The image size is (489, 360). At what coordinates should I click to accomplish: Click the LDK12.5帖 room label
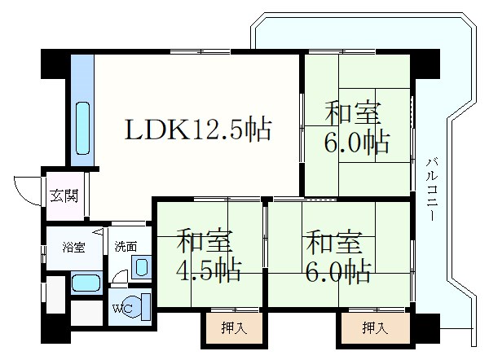[x=198, y=129]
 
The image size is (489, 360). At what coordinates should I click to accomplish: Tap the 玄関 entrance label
[x=64, y=196]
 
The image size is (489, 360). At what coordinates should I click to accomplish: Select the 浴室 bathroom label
[x=73, y=247]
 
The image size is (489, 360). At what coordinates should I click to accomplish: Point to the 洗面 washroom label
[x=126, y=246]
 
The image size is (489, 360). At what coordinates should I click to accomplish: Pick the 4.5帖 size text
[x=209, y=270]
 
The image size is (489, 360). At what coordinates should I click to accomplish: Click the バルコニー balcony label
[x=432, y=190]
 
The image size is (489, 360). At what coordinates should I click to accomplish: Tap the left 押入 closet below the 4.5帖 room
[x=234, y=328]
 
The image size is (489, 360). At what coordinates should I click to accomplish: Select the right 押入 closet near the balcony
[x=375, y=328]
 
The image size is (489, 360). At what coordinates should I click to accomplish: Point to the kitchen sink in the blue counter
[x=82, y=129]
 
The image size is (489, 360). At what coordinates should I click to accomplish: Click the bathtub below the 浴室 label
[x=86, y=283]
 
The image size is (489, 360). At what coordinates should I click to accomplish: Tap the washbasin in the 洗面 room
[x=142, y=267]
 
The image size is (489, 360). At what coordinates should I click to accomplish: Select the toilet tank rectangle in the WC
[x=146, y=307]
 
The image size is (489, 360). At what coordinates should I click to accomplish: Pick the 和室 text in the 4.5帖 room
[x=205, y=240]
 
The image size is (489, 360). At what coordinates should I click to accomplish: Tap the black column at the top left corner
[x=55, y=64]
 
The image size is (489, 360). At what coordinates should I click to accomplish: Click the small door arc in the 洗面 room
[x=119, y=276]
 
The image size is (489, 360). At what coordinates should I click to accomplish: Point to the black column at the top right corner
[x=425, y=64]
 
